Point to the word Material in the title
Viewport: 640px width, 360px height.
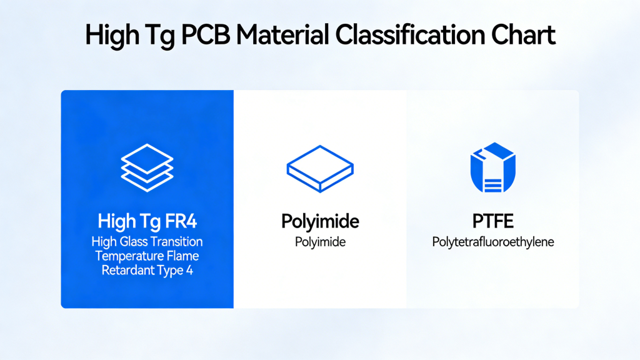tap(284, 35)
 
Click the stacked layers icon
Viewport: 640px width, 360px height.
tap(147, 167)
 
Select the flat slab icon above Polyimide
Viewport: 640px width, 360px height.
tap(319, 168)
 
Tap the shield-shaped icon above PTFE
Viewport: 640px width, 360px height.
tap(492, 167)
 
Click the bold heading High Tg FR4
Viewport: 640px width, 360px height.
tap(147, 221)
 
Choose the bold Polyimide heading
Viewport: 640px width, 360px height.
tap(320, 221)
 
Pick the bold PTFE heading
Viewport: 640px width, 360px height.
tap(492, 221)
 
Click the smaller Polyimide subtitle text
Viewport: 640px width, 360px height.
tap(320, 242)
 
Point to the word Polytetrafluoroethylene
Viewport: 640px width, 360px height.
tap(492, 242)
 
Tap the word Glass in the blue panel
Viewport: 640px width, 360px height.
tap(132, 242)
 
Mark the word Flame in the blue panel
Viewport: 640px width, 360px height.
tap(184, 256)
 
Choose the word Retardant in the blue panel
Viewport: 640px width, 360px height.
tap(124, 270)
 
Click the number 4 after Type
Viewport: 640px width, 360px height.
tap(189, 270)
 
